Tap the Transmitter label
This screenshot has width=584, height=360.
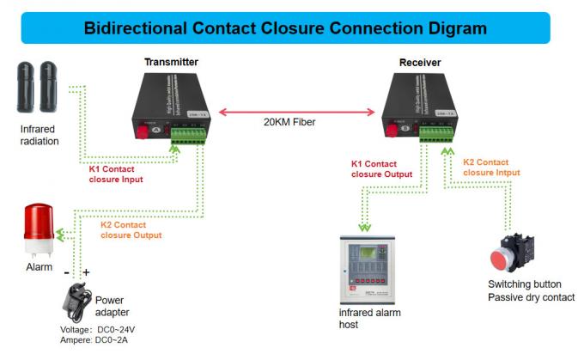pos(171,63)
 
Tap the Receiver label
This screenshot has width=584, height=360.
pos(419,63)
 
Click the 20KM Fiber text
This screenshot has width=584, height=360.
pos(289,123)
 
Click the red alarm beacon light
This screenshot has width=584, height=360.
pos(38,229)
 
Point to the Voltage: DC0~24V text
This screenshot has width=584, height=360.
pos(98,330)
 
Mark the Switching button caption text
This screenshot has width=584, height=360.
pos(524,284)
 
